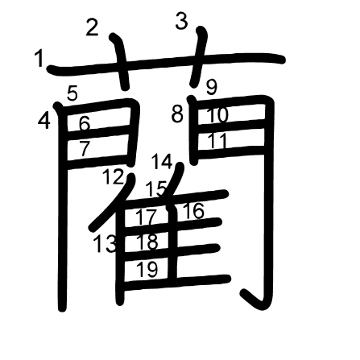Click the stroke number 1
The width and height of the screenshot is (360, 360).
point(39,59)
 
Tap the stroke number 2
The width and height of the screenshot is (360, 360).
point(92,27)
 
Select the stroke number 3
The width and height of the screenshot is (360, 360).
point(181,21)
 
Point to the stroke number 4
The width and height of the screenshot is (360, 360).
point(44,121)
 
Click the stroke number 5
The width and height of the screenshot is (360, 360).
point(72,93)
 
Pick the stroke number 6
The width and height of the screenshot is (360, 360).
point(85,123)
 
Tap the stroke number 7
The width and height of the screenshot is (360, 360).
point(85,149)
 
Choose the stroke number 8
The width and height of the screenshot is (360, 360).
point(177,114)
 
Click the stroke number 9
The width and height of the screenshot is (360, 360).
point(212,87)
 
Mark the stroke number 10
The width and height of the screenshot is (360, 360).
point(217,115)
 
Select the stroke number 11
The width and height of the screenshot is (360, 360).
point(217,140)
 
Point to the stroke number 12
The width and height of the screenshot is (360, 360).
point(114,176)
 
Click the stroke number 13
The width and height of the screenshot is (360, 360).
point(106,243)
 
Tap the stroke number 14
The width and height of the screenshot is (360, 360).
point(162,161)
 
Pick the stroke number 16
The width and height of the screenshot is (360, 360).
point(194,211)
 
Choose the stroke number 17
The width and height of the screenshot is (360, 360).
point(147,217)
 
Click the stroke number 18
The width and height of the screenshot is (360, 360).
point(147,242)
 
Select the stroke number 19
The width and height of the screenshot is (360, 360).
point(147,269)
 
